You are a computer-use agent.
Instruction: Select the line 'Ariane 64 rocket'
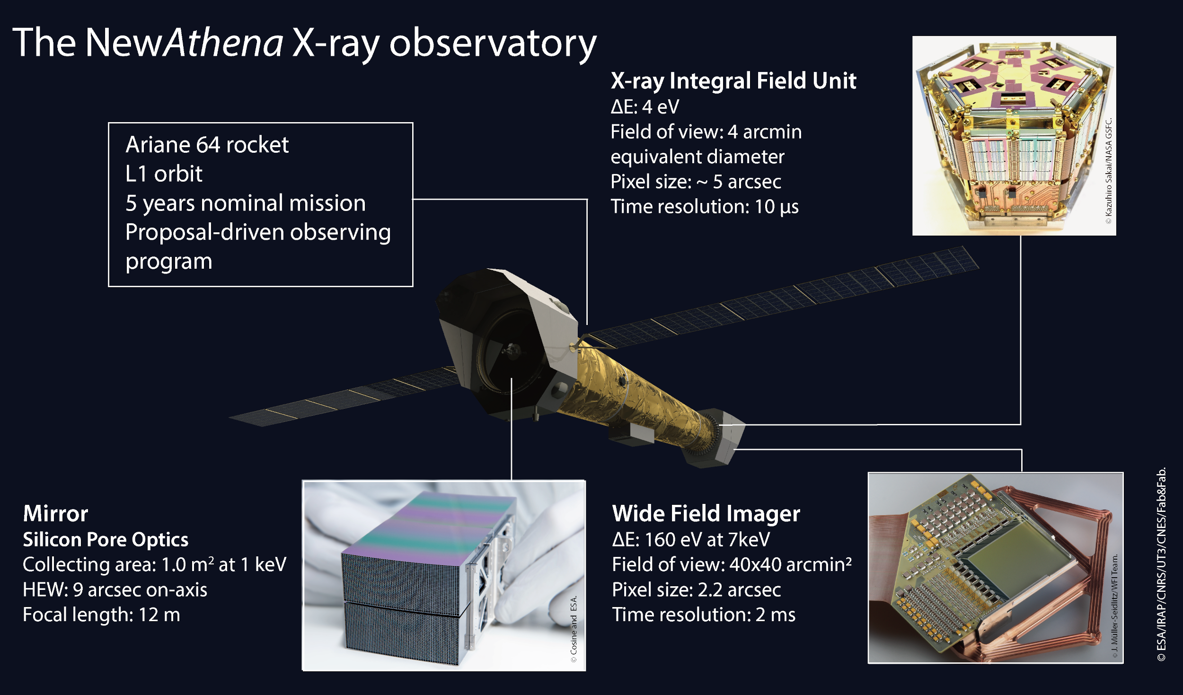pyautogui.click(x=207, y=144)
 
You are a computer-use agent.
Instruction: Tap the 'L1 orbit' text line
pyautogui.click(x=164, y=174)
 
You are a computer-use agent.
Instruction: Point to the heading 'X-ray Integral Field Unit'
pyautogui.click(x=733, y=81)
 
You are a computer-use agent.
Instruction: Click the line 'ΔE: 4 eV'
pyautogui.click(x=644, y=107)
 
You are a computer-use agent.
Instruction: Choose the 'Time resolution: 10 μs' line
pyautogui.click(x=704, y=207)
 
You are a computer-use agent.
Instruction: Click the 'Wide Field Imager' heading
pyautogui.click(x=706, y=514)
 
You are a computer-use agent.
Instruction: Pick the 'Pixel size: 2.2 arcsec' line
pyautogui.click(x=696, y=590)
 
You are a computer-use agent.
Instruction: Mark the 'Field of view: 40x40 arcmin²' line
pyautogui.click(x=732, y=564)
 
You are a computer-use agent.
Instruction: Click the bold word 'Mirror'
pyautogui.click(x=55, y=514)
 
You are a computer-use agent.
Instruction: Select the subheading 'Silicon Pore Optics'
pyautogui.click(x=106, y=540)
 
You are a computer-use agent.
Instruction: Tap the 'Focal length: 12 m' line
pyautogui.click(x=101, y=615)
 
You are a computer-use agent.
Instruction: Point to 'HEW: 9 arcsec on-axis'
pyautogui.click(x=115, y=590)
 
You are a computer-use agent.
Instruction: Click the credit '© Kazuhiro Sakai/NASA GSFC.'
pyautogui.click(x=1109, y=171)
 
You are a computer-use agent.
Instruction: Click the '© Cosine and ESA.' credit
pyautogui.click(x=574, y=629)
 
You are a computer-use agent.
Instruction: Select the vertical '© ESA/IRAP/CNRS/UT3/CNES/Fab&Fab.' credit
pyautogui.click(x=1161, y=564)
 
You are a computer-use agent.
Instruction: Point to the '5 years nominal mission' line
pyautogui.click(x=246, y=203)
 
